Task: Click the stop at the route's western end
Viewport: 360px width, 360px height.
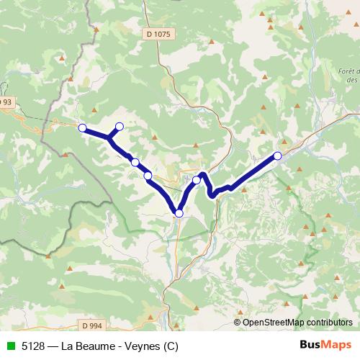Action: [x=82, y=128]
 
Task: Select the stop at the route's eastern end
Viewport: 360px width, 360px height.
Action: [x=277, y=156]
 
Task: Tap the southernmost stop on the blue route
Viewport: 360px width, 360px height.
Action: [x=179, y=212]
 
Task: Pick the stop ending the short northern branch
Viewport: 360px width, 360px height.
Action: [x=120, y=127]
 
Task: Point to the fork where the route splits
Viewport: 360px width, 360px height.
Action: [x=109, y=137]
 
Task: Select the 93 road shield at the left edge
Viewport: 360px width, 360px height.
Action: [x=6, y=102]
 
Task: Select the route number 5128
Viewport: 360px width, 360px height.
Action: [x=31, y=346]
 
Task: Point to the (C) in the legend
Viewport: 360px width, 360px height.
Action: [x=168, y=346]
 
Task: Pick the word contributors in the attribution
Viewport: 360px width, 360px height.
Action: [x=328, y=322]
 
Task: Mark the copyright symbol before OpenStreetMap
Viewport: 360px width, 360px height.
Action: [x=238, y=322]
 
